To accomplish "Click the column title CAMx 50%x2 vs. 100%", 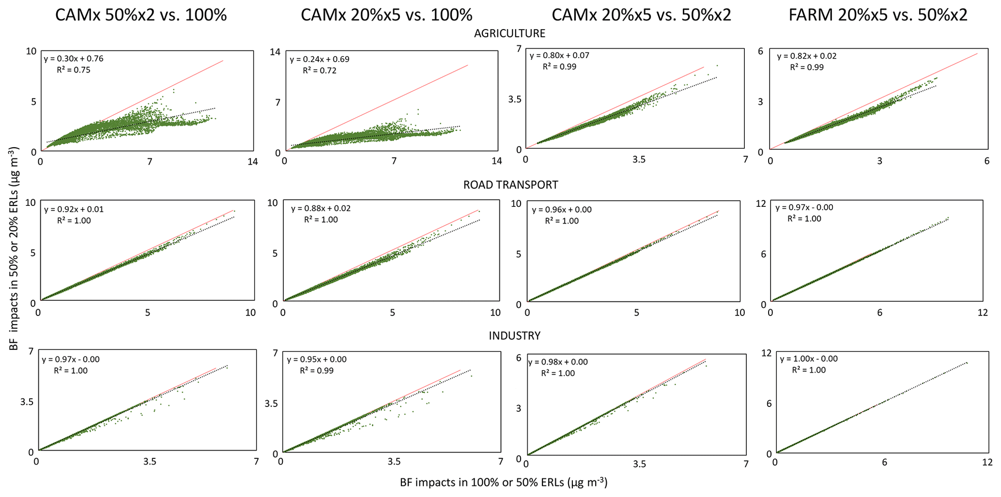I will [141, 15].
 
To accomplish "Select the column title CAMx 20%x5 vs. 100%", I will [386, 15].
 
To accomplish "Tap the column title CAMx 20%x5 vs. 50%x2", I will [641, 15].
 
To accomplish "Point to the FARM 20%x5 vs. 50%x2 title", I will [878, 15].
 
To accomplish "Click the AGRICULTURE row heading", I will [509, 33].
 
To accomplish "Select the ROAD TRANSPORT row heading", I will [510, 185].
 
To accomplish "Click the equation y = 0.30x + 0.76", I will [74, 59].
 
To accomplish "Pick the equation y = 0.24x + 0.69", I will [320, 60].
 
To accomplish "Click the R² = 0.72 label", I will [320, 71].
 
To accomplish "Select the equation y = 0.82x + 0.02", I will [807, 56].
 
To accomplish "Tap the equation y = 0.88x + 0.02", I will [321, 209].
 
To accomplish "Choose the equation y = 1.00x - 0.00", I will [809, 359].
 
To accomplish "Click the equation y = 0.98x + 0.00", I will [558, 362].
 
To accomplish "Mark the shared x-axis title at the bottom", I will [504, 482].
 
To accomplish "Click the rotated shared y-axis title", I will [15, 249].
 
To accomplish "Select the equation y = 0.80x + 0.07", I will [559, 56].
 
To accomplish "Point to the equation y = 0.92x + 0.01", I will [74, 210].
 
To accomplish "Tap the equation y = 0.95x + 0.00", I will [317, 360].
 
